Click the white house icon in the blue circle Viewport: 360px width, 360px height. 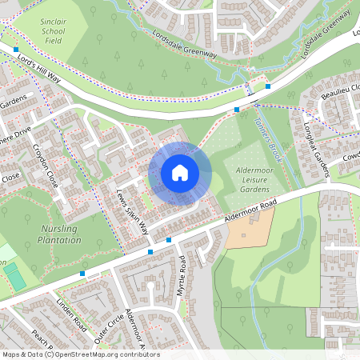click(x=180, y=172)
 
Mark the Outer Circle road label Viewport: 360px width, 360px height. click(x=110, y=326)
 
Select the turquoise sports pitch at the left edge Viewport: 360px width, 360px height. click(x=14, y=278)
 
